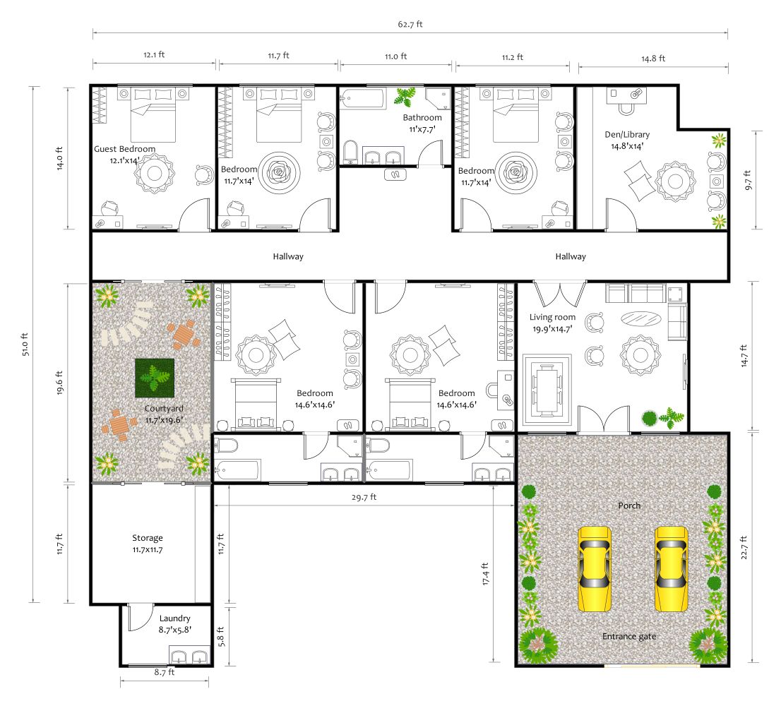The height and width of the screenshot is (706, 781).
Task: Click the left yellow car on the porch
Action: (594, 568)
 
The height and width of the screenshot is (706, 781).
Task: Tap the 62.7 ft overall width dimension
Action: (410, 24)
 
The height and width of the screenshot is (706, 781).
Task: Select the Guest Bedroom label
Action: (124, 149)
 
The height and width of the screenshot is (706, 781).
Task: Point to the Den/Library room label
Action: (627, 134)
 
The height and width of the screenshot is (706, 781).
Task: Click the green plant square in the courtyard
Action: (155, 378)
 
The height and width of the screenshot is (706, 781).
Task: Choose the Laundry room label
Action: (175, 618)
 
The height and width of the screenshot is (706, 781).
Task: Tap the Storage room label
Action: (148, 538)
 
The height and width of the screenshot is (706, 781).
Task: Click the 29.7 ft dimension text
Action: (364, 497)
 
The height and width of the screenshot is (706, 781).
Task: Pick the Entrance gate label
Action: (629, 636)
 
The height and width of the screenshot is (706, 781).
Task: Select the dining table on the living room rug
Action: (547, 390)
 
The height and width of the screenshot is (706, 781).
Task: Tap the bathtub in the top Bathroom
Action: (363, 98)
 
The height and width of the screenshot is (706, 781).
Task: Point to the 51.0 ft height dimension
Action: (25, 345)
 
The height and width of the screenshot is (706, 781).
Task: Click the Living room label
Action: (552, 317)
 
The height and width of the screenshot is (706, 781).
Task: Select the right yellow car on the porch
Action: (671, 568)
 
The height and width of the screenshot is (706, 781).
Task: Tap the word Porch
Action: (629, 505)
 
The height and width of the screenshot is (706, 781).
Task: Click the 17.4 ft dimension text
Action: (485, 574)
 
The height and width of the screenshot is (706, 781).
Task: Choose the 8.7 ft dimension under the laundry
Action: (165, 672)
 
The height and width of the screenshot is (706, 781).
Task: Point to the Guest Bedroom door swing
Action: (194, 215)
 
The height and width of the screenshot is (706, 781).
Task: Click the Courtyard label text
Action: (164, 408)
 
